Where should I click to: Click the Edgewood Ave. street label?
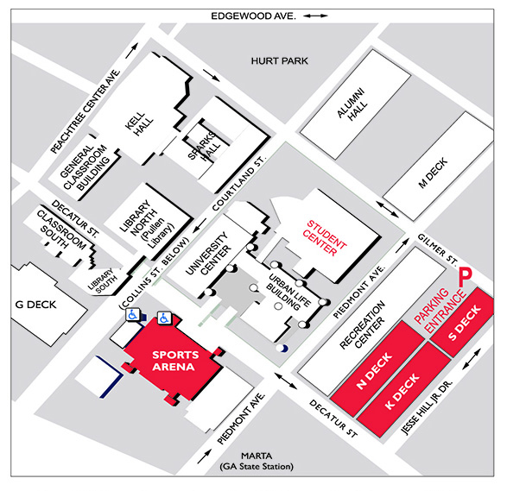[x=253, y=16]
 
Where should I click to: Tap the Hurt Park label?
[x=279, y=60]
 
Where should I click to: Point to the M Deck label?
[x=433, y=173]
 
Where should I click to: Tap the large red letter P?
[x=466, y=278]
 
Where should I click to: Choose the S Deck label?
[x=465, y=323]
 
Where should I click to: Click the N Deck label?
[x=375, y=370]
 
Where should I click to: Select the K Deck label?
[x=402, y=391]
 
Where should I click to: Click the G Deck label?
[x=35, y=305]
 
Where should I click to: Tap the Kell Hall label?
[x=139, y=124]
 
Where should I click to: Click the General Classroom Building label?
[x=85, y=167]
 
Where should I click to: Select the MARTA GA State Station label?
[x=257, y=462]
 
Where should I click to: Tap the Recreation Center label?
[x=363, y=325]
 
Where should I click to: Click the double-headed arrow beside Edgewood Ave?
[x=315, y=16]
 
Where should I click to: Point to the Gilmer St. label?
[x=438, y=249]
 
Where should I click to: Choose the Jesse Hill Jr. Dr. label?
[x=427, y=408]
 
